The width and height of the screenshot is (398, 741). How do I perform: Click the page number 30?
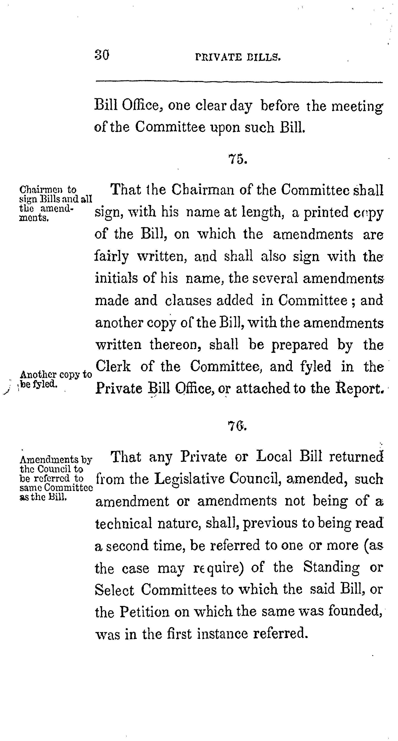click(x=102, y=55)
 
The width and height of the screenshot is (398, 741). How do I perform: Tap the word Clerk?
click(x=113, y=366)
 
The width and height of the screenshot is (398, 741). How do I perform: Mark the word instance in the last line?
click(x=223, y=634)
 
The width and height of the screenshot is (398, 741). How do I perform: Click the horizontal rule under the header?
click(x=239, y=82)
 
